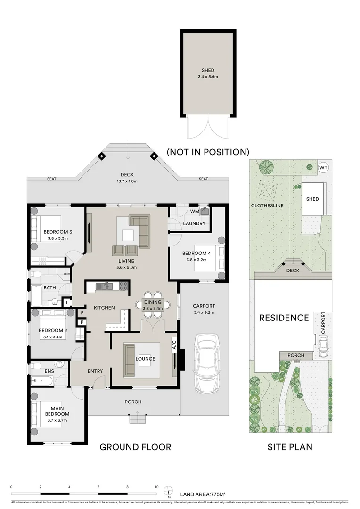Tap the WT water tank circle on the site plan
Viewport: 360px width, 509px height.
323,167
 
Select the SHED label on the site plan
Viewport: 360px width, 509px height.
313,199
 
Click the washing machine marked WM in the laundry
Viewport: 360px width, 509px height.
204,212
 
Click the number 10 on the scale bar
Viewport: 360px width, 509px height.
156,487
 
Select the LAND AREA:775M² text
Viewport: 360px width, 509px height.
203,494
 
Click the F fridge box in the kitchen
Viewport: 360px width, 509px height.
82,312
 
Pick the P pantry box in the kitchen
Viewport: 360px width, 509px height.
82,322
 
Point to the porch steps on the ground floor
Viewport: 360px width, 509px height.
137,418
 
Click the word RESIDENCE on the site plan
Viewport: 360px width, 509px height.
284,318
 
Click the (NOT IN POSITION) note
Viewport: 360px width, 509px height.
207,152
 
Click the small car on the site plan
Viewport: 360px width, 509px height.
323,348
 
